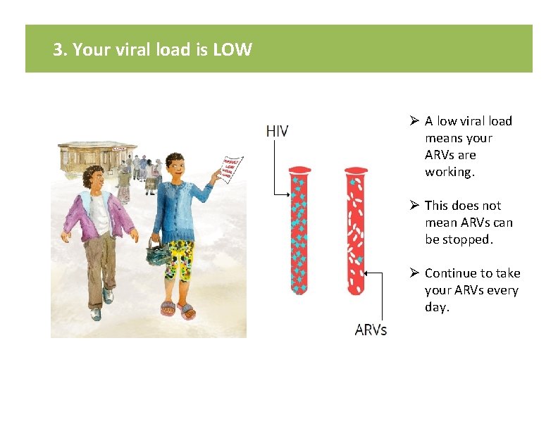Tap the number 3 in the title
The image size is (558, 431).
tap(58, 50)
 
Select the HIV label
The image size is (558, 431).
tap(277, 131)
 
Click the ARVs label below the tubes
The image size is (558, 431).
tap(371, 330)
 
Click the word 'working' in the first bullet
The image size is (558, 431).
tap(449, 172)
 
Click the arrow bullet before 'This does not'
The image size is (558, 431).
tap(414, 206)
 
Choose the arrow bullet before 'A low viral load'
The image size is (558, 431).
tap(414, 121)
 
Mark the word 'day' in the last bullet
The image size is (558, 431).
tap(435, 307)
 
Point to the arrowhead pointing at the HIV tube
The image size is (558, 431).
tap(287, 193)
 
